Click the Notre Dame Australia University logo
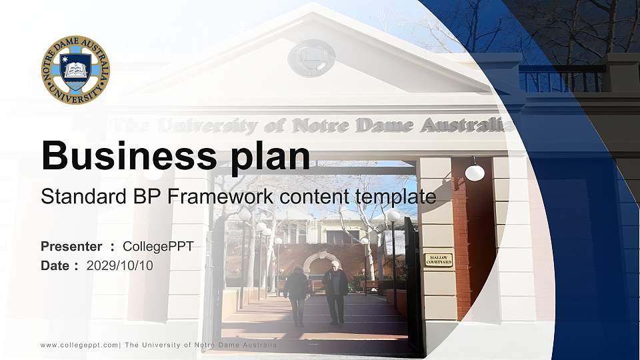(x=75, y=70)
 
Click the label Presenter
(x=71, y=247)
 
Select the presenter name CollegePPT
(x=159, y=247)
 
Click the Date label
(x=55, y=265)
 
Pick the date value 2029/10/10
(x=120, y=265)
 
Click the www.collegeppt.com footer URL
(x=79, y=345)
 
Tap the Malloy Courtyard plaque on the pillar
(x=438, y=259)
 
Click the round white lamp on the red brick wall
(x=475, y=173)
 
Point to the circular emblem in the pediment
(x=311, y=58)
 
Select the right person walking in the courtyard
(x=335, y=291)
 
